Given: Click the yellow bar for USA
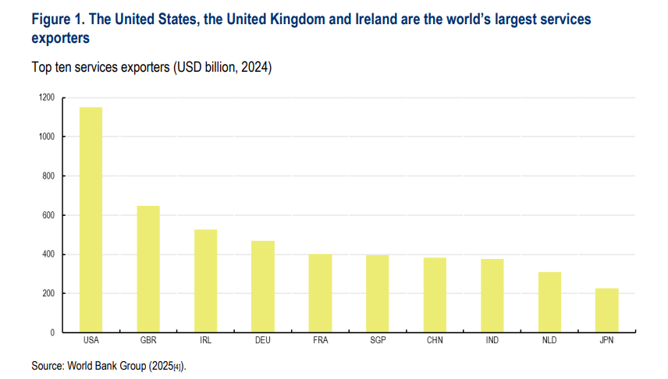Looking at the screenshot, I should click(91, 220).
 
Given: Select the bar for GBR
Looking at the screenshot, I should click(148, 269).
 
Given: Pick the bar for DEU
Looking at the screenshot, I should click(263, 286).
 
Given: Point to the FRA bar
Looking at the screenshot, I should click(320, 293).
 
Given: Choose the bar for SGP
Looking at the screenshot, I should click(378, 294).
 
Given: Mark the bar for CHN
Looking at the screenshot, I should click(435, 295).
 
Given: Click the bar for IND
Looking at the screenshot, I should click(492, 296).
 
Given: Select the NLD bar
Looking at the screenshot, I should click(549, 303).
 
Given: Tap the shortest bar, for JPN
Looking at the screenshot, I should click(606, 310).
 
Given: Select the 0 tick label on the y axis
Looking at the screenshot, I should click(52, 332).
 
